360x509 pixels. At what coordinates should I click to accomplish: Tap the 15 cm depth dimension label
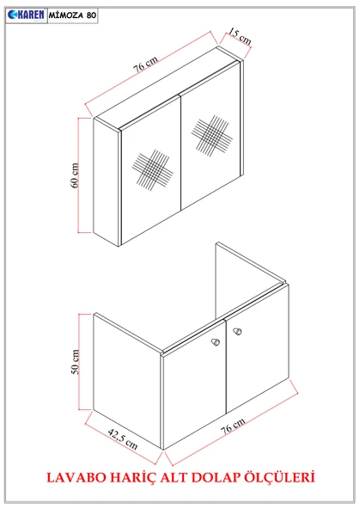point(239,37)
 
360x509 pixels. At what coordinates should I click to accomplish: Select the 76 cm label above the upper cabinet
point(145,61)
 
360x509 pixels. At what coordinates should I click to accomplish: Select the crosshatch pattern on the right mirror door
point(211,135)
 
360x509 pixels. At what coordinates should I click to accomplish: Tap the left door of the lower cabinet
point(193,391)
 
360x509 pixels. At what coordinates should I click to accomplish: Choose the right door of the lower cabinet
point(256,361)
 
